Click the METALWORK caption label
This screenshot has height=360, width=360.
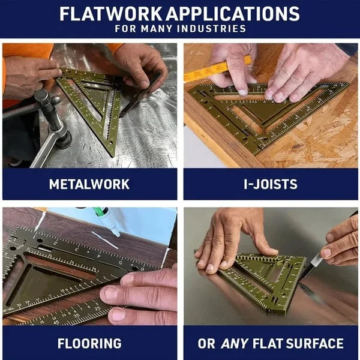point(89,184)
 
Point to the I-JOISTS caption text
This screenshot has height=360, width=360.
point(270,184)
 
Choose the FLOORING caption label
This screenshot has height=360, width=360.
point(89,344)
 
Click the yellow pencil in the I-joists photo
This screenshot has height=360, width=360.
point(216,69)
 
